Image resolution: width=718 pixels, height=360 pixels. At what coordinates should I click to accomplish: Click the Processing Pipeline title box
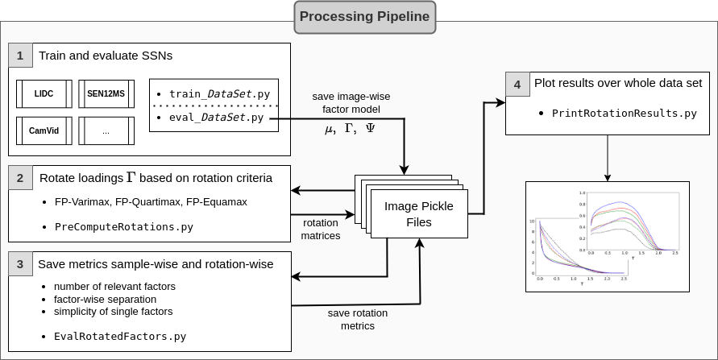pyautogui.click(x=365, y=16)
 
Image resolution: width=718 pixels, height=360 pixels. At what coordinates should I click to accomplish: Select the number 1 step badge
pyautogui.click(x=20, y=56)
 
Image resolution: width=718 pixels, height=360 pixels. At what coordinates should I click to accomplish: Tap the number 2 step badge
pyautogui.click(x=20, y=177)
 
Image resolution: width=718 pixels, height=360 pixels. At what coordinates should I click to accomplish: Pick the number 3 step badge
pyautogui.click(x=20, y=264)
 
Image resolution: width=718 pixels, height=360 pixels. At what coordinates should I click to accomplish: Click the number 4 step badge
pyautogui.click(x=517, y=83)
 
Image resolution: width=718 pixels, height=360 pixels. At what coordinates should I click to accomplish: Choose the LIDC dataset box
pyautogui.click(x=44, y=93)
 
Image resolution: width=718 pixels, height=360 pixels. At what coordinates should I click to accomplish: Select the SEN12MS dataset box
pyautogui.click(x=106, y=93)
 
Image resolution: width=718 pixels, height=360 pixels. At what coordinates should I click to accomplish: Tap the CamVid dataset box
pyautogui.click(x=44, y=130)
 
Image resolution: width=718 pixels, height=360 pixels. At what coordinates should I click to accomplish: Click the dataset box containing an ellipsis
pyautogui.click(x=106, y=130)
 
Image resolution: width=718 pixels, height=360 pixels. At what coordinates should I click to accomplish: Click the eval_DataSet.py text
pyautogui.click(x=214, y=118)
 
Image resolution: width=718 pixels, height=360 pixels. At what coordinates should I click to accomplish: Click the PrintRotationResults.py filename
pyautogui.click(x=624, y=114)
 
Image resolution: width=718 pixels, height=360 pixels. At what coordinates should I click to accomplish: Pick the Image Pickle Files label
pyautogui.click(x=418, y=213)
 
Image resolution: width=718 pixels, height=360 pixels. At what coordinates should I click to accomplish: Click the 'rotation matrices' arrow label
pyautogui.click(x=321, y=229)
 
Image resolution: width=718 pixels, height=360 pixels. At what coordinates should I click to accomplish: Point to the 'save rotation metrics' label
pyautogui.click(x=357, y=319)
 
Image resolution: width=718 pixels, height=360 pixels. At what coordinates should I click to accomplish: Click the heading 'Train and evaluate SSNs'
pyautogui.click(x=106, y=56)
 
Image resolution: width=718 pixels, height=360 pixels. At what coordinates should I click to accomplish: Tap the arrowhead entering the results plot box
pyautogui.click(x=607, y=177)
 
